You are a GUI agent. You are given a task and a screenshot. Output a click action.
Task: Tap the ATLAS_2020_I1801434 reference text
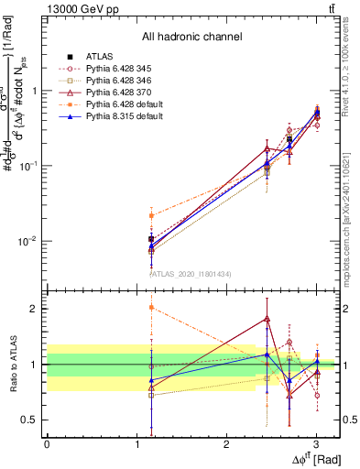click(x=191, y=274)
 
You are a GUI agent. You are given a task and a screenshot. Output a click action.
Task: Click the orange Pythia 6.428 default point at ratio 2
click(x=150, y=308)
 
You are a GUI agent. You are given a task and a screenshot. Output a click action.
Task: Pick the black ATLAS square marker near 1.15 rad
click(x=150, y=239)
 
